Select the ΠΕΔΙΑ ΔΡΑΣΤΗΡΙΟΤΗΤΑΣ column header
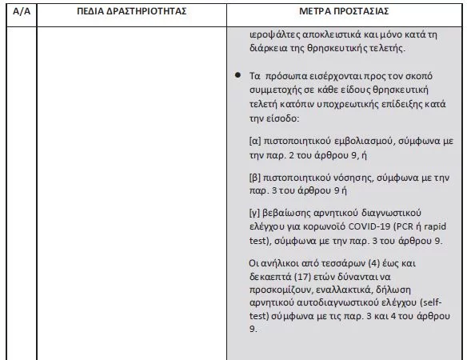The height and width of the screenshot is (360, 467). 132,13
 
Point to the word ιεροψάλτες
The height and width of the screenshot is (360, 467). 277,36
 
